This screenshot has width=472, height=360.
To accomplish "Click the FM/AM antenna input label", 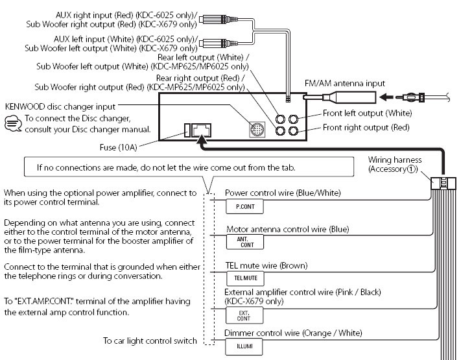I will tap(345, 84).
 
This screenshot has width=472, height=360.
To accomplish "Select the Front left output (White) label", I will tap(366, 114).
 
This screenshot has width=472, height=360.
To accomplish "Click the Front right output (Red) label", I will tap(366, 127).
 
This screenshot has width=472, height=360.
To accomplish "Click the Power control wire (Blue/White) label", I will tap(282, 193).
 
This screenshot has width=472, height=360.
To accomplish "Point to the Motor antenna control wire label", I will tap(287, 229).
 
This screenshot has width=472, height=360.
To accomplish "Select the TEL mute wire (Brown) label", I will tap(265, 266).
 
